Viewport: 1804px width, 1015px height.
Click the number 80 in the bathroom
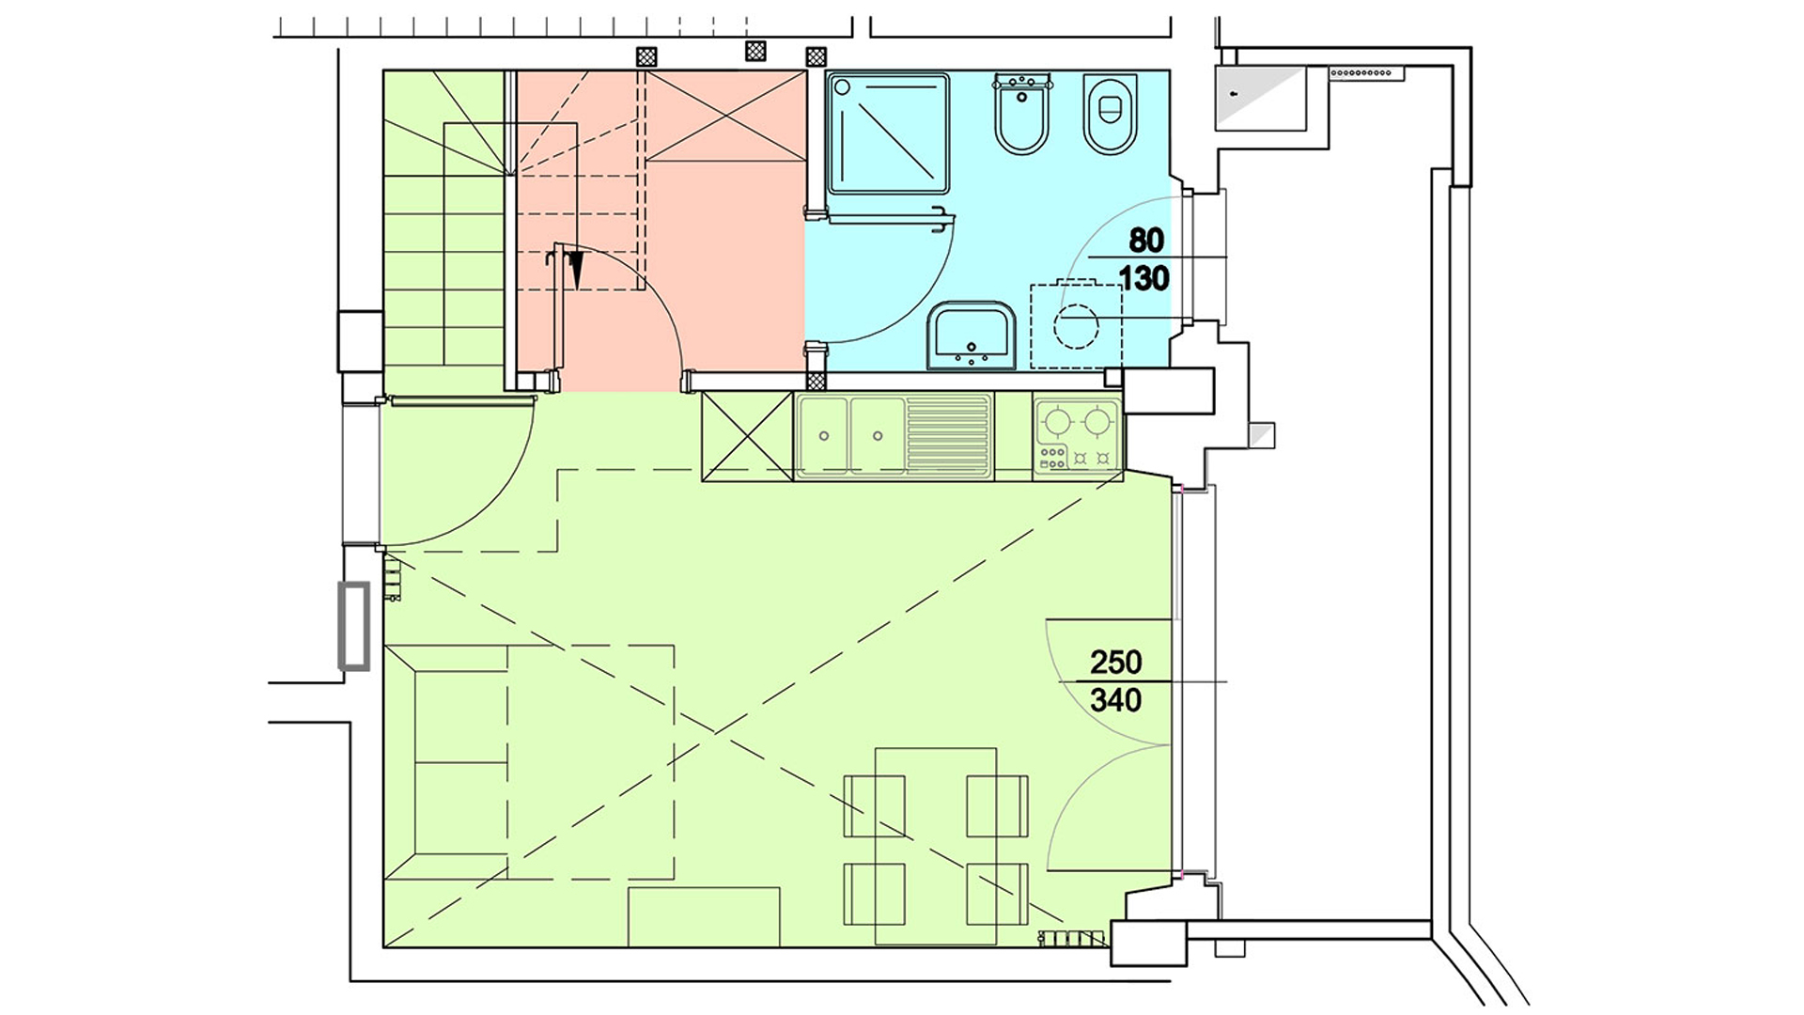click(x=1145, y=241)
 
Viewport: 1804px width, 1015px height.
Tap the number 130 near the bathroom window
click(x=1143, y=278)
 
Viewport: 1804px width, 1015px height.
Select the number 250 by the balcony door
click(x=1115, y=663)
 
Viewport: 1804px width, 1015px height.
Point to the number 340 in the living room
click(x=1115, y=700)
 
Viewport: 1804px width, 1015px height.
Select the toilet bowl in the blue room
click(x=1110, y=114)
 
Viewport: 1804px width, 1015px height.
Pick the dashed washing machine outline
click(x=1076, y=326)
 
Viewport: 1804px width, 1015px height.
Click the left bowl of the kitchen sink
click(x=823, y=435)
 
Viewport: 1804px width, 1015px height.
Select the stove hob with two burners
click(x=1077, y=435)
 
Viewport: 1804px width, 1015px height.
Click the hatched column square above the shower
click(x=816, y=56)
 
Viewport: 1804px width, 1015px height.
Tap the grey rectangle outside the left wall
click(x=353, y=626)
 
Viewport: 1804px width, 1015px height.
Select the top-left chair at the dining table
click(x=874, y=806)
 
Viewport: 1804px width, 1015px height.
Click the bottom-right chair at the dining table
click(x=997, y=894)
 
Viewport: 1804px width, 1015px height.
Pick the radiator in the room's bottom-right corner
click(x=1072, y=938)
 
